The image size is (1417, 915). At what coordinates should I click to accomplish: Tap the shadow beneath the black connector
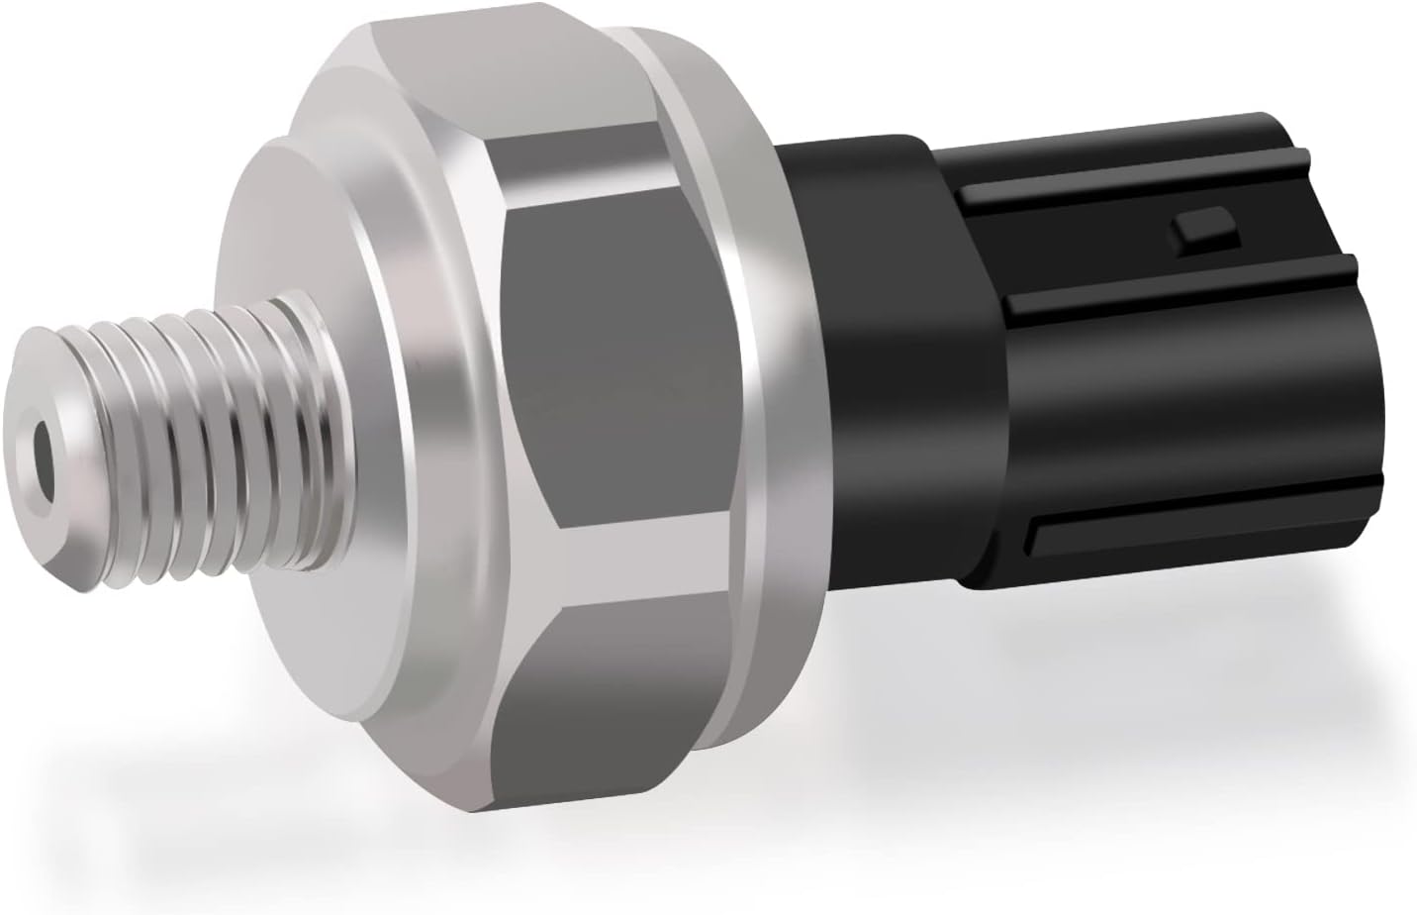pyautogui.click(x=1138, y=634)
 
